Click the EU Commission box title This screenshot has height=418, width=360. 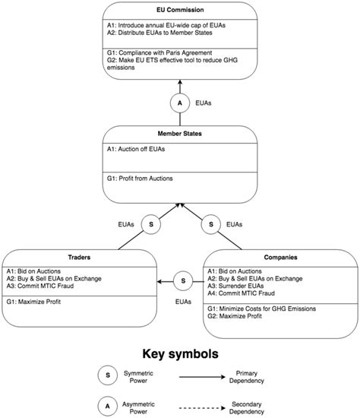(x=179, y=11)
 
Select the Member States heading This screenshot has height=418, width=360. (x=179, y=133)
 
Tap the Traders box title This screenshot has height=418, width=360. (x=80, y=258)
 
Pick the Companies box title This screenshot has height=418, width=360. (x=280, y=258)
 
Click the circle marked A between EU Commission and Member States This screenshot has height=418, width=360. (x=179, y=102)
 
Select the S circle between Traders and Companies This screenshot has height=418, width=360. (x=182, y=281)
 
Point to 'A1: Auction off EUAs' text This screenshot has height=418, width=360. (x=137, y=149)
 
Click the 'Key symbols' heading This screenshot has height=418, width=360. (x=179, y=353)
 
